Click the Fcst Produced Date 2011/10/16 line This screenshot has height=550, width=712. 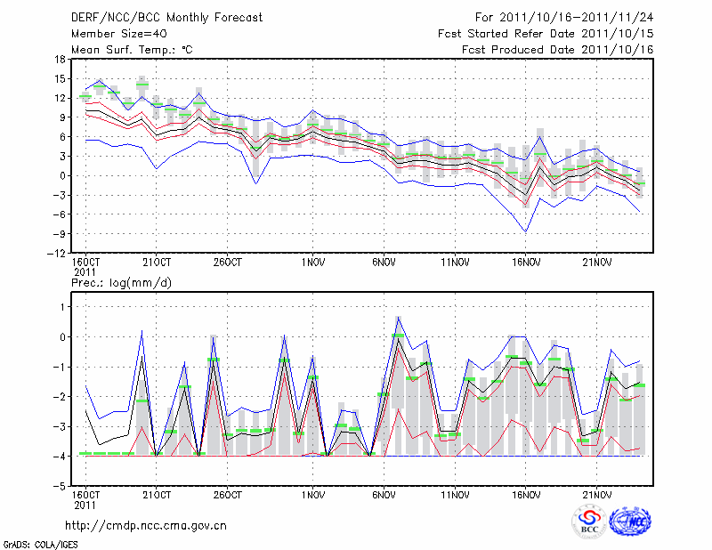click(558, 50)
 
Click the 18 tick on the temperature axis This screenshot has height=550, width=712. click(59, 59)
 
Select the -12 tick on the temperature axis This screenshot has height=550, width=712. click(56, 254)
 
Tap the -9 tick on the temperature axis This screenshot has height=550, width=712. click(59, 234)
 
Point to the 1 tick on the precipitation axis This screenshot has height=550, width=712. click(61, 306)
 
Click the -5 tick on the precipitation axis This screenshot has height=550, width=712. click(59, 487)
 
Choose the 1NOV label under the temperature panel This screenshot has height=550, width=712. click(311, 263)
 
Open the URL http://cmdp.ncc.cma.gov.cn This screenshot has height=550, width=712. click(146, 526)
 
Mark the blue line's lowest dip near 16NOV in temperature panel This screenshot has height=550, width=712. click(526, 231)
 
